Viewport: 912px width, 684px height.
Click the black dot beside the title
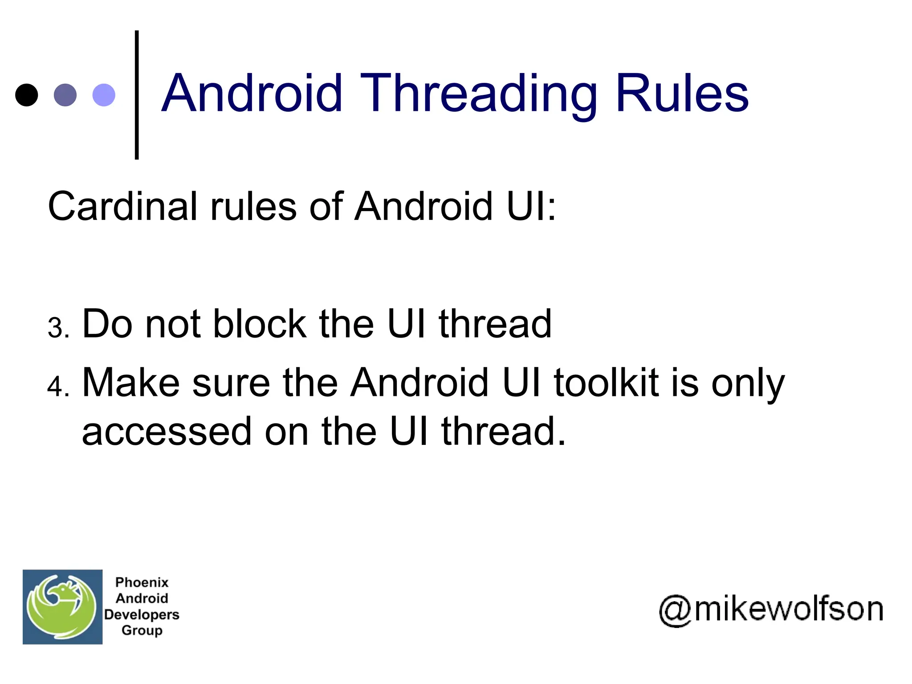pos(27,95)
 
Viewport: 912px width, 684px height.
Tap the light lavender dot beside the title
pos(104,95)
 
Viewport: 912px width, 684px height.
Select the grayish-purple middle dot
pos(65,95)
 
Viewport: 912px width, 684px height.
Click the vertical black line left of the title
pos(137,95)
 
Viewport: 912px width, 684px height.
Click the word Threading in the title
pos(479,94)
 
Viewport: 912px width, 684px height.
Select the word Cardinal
pos(122,206)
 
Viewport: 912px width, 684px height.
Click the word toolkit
pos(606,383)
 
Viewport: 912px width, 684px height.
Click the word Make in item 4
pos(131,383)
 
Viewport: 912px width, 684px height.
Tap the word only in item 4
pos(748,383)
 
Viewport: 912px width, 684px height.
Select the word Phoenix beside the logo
pos(142,582)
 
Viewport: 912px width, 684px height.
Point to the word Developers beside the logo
pos(142,615)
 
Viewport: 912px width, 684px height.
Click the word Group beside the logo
pos(142,631)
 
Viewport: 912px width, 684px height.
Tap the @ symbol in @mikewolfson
pos(675,610)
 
